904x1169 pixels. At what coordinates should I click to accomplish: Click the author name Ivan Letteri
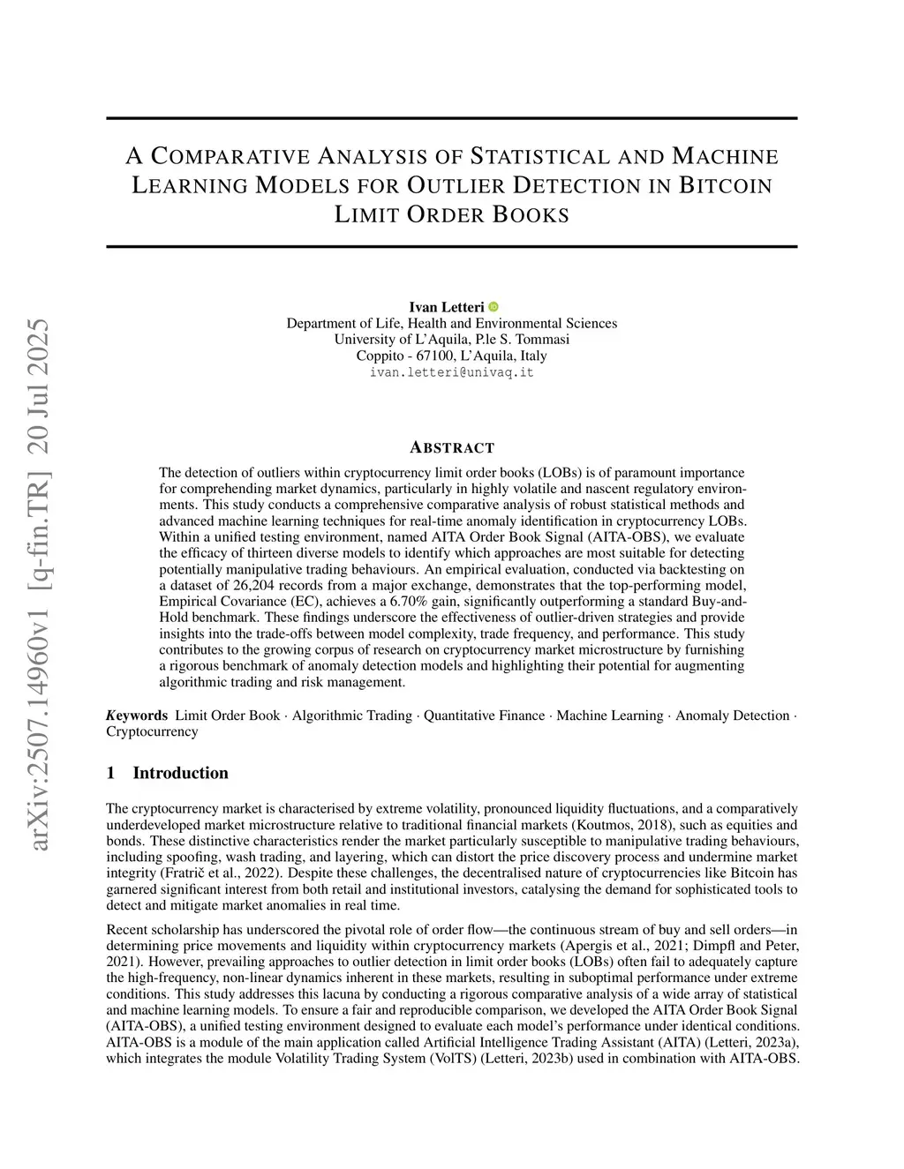(446, 307)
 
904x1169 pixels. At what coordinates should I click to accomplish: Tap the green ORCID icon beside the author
(493, 307)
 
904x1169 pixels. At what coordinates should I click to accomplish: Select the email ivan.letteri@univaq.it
(451, 372)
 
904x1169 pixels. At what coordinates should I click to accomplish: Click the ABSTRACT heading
(452, 447)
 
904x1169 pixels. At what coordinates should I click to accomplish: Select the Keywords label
(137, 716)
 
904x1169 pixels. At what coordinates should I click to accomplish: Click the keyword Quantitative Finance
(484, 716)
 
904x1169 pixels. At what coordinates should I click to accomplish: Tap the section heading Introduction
(180, 774)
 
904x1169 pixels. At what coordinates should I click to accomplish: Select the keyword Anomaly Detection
(732, 716)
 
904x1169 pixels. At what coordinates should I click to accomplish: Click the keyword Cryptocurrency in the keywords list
(152, 731)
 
